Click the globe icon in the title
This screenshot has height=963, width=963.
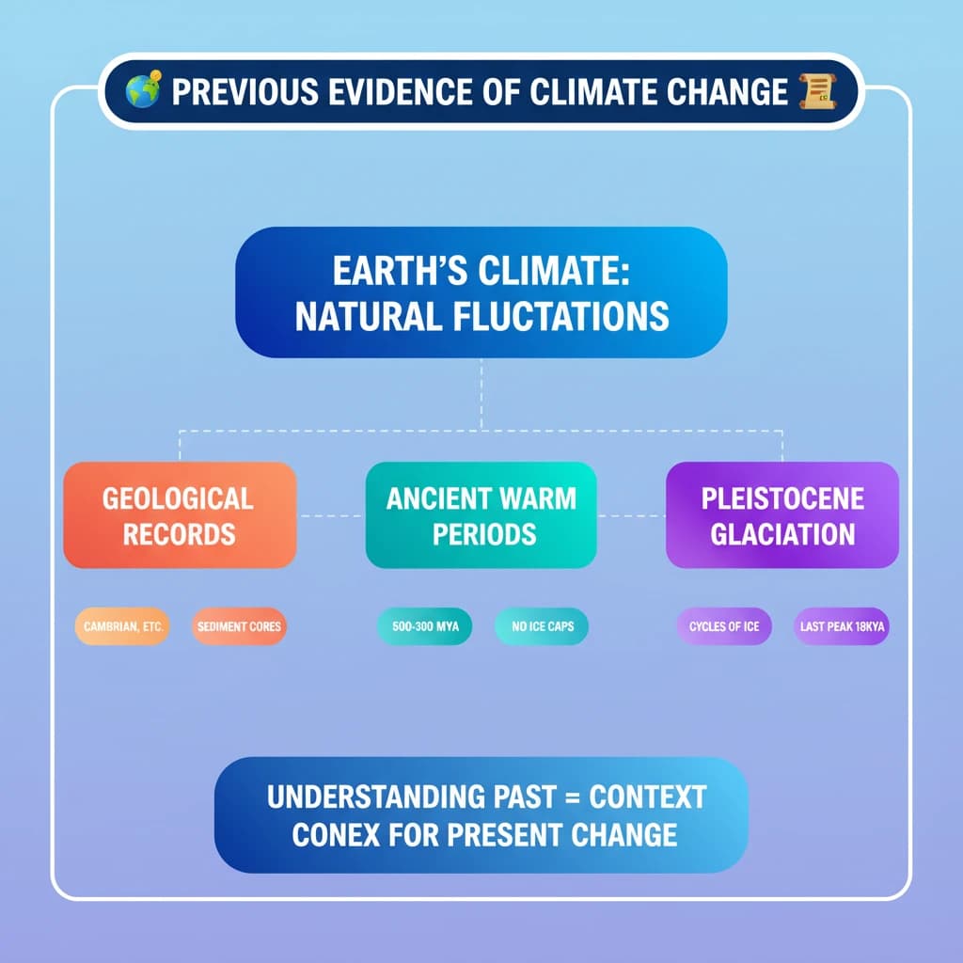pos(143,91)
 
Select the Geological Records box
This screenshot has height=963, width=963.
pos(180,515)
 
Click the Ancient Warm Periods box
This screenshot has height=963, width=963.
pos(481,515)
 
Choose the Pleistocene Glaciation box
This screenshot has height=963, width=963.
pos(782,515)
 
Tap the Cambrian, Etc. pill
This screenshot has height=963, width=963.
pos(122,626)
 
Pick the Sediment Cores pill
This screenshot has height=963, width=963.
pos(237,626)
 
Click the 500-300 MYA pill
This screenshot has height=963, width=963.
pos(423,626)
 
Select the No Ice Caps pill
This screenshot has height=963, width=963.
pos(542,626)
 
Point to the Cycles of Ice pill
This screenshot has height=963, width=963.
pos(724,626)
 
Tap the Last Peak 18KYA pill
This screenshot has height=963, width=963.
pos(841,626)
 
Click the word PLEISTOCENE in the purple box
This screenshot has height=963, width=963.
pos(782,497)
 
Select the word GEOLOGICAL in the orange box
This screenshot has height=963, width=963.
pos(178,497)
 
